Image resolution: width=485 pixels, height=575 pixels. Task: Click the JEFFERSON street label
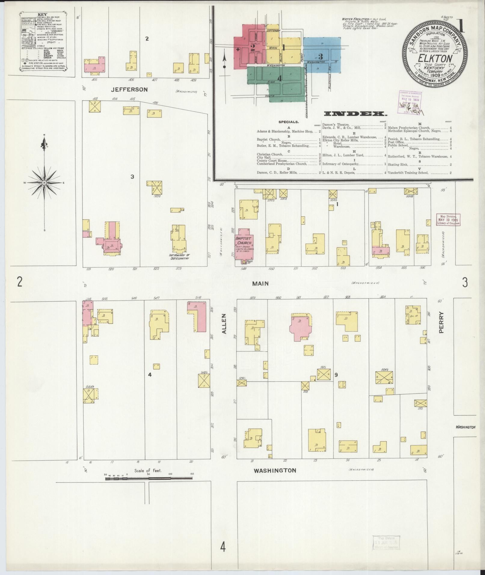tap(129, 90)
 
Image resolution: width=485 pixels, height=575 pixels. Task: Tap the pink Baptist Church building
tap(244, 243)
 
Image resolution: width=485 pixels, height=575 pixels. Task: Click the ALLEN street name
tap(223, 324)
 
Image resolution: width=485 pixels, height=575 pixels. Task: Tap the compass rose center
tap(45, 183)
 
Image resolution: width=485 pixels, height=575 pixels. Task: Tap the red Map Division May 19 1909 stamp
tap(448, 220)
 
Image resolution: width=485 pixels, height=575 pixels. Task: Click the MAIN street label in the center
tap(260, 283)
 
